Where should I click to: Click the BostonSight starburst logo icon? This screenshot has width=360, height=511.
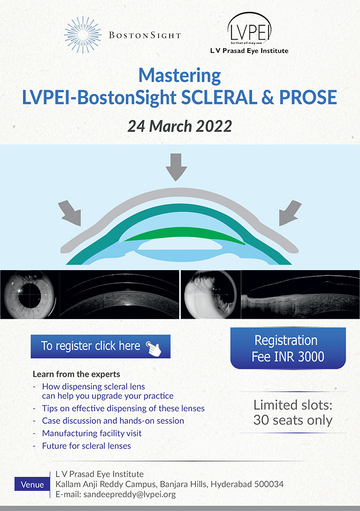pyautogui.click(x=83, y=35)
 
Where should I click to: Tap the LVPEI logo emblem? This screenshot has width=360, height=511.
pyautogui.click(x=249, y=29)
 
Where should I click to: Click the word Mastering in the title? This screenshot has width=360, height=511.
pyautogui.click(x=179, y=76)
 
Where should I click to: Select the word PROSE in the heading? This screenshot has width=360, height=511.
pyautogui.click(x=308, y=97)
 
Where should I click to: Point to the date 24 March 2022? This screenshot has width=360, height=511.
pyautogui.click(x=179, y=126)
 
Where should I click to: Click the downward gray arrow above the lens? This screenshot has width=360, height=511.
pyautogui.click(x=176, y=167)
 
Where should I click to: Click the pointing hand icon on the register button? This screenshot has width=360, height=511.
pyautogui.click(x=154, y=348)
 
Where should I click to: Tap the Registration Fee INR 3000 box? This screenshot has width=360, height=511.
pyautogui.click(x=288, y=348)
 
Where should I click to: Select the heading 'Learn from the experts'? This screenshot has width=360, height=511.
pyautogui.click(x=76, y=374)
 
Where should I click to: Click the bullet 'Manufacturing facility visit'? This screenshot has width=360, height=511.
pyautogui.click(x=92, y=433)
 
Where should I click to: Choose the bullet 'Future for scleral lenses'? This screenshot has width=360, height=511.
pyautogui.click(x=86, y=446)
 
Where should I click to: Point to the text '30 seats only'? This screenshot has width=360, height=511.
pyautogui.click(x=293, y=420)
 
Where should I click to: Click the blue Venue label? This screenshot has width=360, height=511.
pyautogui.click(x=32, y=484)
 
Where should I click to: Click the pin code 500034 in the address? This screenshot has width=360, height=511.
pyautogui.click(x=269, y=484)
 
